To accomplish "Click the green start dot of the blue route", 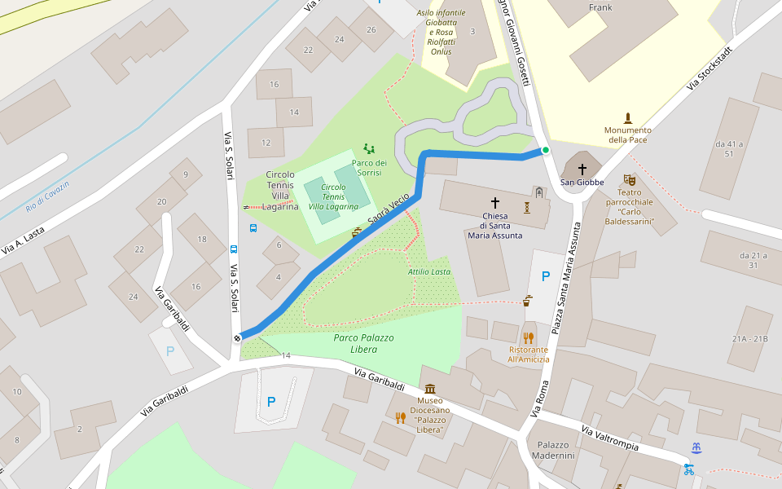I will click(x=545, y=150).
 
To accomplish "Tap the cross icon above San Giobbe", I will click(x=582, y=169).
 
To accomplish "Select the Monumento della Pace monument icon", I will click(x=627, y=117).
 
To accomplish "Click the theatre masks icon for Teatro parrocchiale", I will click(x=629, y=179).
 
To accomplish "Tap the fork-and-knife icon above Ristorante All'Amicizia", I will click(x=529, y=337).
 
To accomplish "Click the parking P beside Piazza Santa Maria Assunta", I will click(x=545, y=276).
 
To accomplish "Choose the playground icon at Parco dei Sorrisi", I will click(x=369, y=148).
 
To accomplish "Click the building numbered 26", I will click(x=371, y=30).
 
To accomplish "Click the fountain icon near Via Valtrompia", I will click(x=696, y=447).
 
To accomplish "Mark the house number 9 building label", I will click(x=186, y=174).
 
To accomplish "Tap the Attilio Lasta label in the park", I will click(x=429, y=271).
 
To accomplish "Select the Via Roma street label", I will click(x=540, y=399).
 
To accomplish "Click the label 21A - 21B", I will click(x=749, y=338).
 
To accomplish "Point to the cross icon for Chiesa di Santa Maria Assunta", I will click(x=494, y=201).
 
